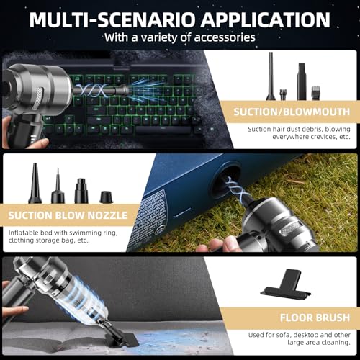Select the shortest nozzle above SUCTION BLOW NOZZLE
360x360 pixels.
click(x=107, y=197)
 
